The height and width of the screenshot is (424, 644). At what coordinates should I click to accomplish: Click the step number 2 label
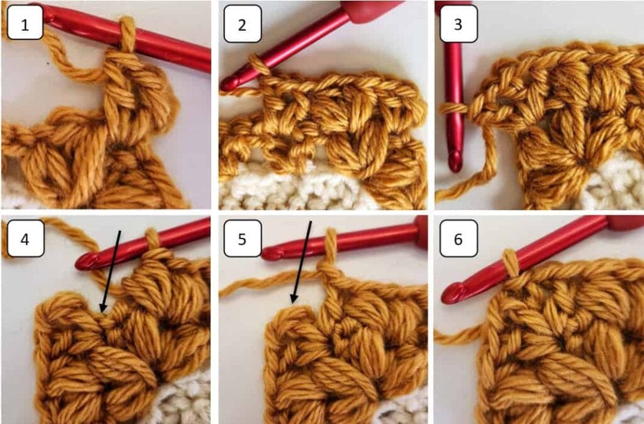point(242,24)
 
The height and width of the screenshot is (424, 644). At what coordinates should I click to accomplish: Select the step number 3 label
point(458,24)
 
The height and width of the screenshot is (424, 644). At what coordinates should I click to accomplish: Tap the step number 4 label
point(25,238)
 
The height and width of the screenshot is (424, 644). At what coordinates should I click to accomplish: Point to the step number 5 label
point(242,238)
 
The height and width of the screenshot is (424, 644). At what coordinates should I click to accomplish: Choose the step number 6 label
point(458,238)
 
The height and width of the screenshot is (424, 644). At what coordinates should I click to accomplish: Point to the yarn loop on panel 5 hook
point(329,242)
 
